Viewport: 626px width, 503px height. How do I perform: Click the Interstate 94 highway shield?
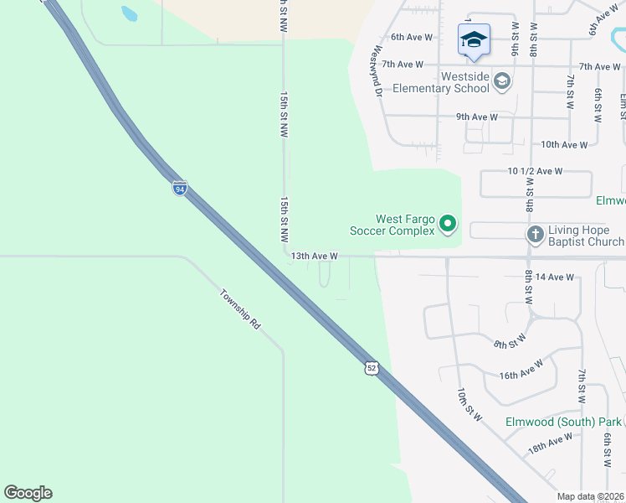pos(180,188)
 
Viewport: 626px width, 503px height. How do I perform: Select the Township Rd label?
pos(240,309)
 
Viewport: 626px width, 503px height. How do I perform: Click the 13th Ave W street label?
pos(316,256)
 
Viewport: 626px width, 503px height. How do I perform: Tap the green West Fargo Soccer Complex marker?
pos(449,224)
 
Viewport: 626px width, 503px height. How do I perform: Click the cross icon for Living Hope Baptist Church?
pos(536,236)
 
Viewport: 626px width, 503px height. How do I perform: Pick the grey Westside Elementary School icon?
pos(501,81)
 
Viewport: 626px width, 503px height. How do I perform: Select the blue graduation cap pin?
pos(474,39)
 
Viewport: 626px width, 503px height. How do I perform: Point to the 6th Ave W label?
pos(412,37)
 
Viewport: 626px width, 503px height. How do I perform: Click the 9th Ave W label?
pos(477,117)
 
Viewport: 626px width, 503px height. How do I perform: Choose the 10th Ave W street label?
pos(564,144)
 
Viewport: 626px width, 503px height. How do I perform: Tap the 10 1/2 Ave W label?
pos(536,171)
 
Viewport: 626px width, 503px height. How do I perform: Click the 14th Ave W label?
pos(555,277)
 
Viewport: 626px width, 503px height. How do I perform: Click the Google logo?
pos(28,493)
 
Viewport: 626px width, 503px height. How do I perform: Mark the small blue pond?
pos(129,13)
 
